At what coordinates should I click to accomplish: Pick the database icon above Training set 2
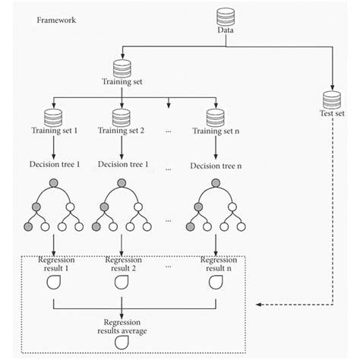[122, 118]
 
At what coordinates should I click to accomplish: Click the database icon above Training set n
[215, 118]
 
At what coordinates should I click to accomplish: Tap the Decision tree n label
[216, 164]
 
